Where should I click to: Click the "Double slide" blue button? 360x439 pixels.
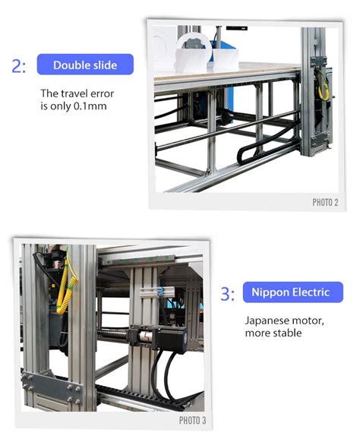pyautogui.click(x=85, y=65)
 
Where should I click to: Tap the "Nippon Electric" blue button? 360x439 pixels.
pyautogui.click(x=293, y=292)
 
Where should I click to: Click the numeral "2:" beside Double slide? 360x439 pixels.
pyautogui.click(x=19, y=66)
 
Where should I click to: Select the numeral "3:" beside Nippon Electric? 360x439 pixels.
pyautogui.click(x=228, y=294)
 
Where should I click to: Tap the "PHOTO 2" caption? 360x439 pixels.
pyautogui.click(x=325, y=202)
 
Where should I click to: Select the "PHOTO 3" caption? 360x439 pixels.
pyautogui.click(x=192, y=420)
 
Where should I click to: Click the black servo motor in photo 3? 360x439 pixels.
pyautogui.click(x=172, y=337)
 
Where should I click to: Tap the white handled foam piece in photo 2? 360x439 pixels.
pyautogui.click(x=193, y=54)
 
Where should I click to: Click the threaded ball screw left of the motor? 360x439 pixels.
pyautogui.click(x=113, y=335)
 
